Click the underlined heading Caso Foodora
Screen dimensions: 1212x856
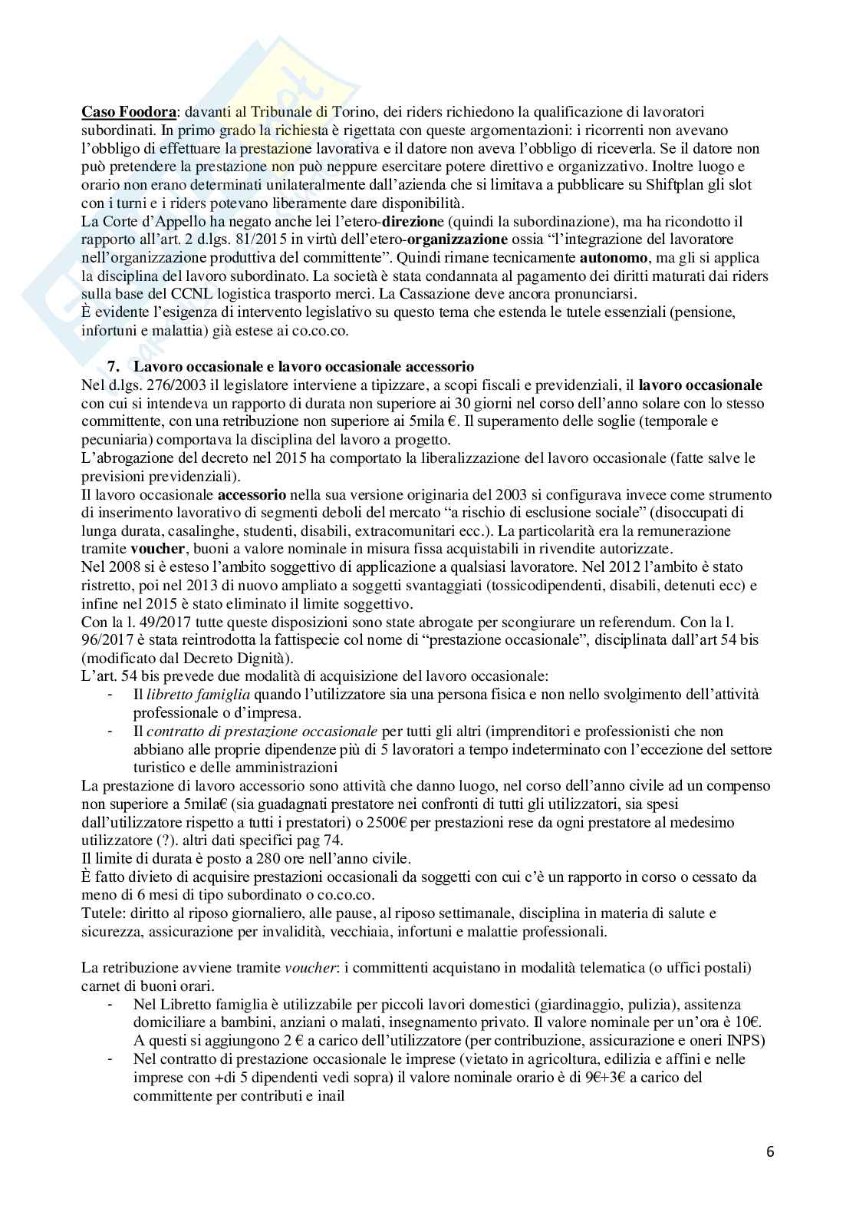(128, 112)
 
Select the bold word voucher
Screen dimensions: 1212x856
(156, 549)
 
